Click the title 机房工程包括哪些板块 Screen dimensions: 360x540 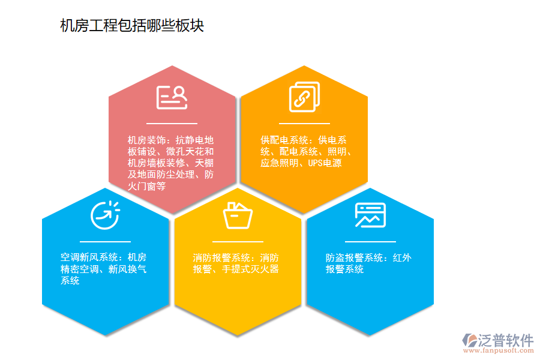click(132, 26)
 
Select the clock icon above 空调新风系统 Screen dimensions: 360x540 click(105, 215)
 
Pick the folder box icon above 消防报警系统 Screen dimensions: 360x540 click(238, 215)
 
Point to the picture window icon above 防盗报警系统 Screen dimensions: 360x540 click(370, 215)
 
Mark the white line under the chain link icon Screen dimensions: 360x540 click(304, 123)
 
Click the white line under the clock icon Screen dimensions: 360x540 click(105, 241)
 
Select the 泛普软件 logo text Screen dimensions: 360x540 click(505, 340)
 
